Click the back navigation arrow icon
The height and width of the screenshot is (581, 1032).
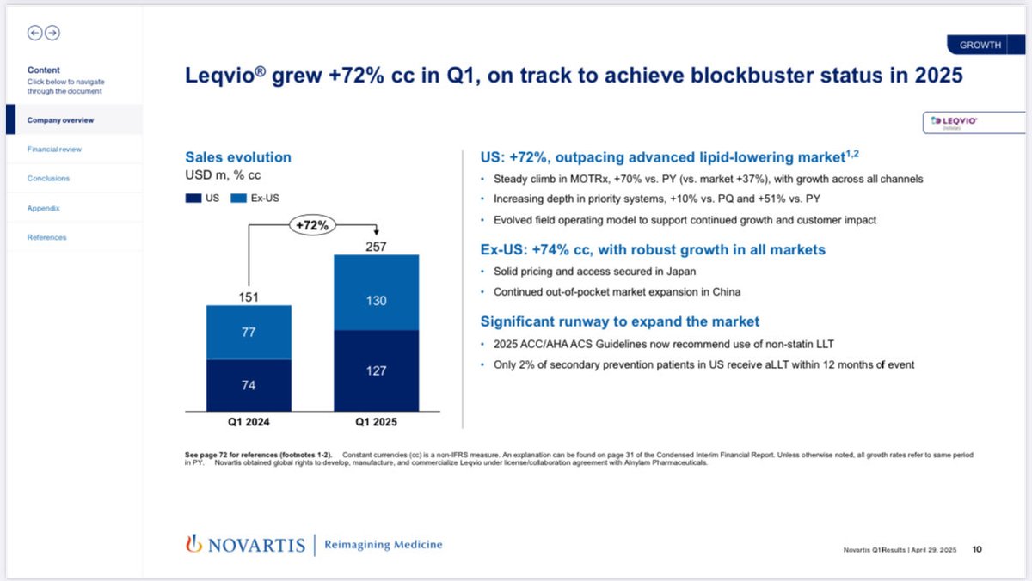point(35,33)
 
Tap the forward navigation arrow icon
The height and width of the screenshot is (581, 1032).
point(52,33)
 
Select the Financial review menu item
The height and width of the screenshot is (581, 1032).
point(54,150)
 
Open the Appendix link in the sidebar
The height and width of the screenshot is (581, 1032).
point(43,208)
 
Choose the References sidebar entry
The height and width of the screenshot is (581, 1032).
point(46,237)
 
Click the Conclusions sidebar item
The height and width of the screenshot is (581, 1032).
point(48,179)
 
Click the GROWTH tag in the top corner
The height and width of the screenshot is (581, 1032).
point(980,46)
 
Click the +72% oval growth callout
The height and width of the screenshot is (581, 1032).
point(312,225)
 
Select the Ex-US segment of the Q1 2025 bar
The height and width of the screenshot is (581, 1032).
point(376,292)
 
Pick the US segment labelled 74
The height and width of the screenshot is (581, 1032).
point(249,384)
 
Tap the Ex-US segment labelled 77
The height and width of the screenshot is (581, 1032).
point(249,332)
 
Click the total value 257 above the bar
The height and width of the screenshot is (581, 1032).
point(376,247)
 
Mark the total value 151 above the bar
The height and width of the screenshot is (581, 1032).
point(249,297)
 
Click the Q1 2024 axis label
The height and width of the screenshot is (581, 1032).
point(249,422)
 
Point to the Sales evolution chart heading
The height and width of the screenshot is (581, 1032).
point(238,157)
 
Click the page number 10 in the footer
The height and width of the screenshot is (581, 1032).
point(978,549)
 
